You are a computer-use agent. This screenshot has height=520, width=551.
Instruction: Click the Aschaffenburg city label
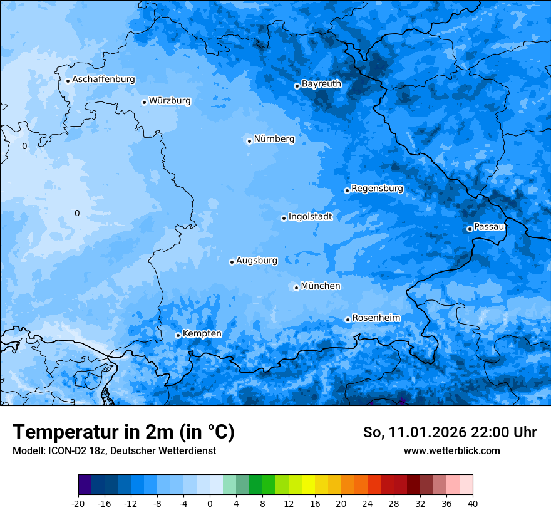click(x=103, y=80)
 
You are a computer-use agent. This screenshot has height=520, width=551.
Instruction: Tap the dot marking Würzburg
click(x=144, y=102)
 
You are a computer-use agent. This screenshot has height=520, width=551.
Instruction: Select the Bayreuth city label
click(x=321, y=84)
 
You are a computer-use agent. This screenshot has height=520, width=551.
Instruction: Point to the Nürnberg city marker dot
click(x=249, y=141)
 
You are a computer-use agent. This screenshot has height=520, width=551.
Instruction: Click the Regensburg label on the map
click(x=377, y=189)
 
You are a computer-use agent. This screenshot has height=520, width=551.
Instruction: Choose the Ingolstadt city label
click(x=310, y=217)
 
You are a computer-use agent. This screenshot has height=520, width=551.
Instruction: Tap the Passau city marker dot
click(x=470, y=229)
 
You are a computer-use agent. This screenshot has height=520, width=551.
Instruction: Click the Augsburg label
click(x=257, y=261)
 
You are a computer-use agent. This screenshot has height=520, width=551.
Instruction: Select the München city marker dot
click(x=296, y=288)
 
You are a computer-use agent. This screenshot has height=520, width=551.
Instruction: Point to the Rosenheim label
click(x=376, y=318)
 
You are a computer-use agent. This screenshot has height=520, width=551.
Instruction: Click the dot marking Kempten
click(x=178, y=335)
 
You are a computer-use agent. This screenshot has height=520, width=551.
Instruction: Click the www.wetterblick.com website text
click(x=451, y=451)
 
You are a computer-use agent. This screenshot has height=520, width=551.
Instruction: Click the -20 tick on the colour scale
click(x=78, y=504)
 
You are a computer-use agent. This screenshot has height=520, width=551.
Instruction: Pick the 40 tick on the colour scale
click(x=473, y=504)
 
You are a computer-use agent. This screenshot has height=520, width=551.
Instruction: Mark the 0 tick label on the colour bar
click(x=210, y=504)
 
